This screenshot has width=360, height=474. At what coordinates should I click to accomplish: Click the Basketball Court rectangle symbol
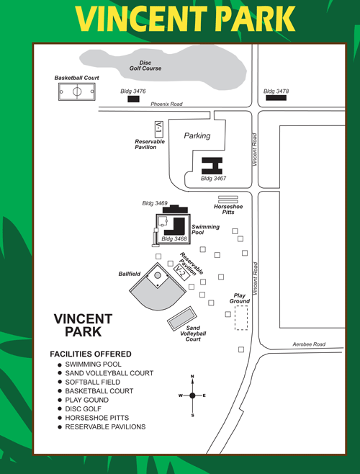point(77,91)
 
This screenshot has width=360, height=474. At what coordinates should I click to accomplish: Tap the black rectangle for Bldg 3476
point(133,99)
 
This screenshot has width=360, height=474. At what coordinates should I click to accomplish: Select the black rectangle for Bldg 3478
point(276,98)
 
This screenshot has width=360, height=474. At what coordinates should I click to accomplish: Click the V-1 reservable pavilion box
point(158,129)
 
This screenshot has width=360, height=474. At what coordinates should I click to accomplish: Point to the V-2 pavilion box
point(181,272)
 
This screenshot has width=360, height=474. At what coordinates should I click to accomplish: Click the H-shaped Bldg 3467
point(212,166)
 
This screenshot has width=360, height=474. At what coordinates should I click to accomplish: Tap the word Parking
point(197,135)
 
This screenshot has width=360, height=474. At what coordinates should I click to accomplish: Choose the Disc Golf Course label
point(145,66)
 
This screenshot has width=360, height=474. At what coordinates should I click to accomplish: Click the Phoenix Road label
point(166,104)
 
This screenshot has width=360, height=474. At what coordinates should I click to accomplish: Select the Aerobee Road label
point(309,344)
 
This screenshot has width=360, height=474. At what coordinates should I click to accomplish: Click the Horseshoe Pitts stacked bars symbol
point(228,200)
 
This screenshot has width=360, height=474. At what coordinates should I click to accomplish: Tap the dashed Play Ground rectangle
point(241,318)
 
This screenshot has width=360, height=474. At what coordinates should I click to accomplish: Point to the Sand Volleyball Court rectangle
point(182,319)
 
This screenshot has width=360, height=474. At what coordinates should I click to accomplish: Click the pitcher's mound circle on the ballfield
point(158,275)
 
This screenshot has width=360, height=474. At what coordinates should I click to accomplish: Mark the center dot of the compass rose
point(192,395)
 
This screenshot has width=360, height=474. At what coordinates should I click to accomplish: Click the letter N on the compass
point(192,376)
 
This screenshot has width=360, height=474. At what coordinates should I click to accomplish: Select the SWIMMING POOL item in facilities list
point(93,365)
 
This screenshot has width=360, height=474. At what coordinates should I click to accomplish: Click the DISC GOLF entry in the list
point(83,409)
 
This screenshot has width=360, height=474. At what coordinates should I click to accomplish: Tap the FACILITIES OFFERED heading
point(91,354)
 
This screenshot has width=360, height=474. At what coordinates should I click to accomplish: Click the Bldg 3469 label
point(155,203)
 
